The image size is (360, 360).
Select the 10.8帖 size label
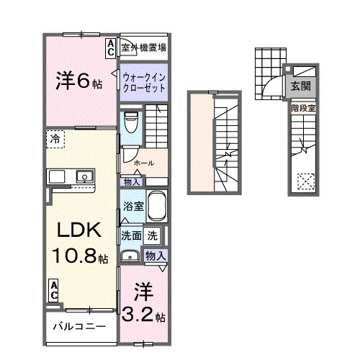coord(79,256)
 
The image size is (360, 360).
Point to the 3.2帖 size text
coord(143,315)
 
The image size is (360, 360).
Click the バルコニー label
coord(79,326)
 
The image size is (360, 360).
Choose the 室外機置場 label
coord(144,48)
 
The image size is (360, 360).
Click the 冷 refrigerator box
coord(55,139)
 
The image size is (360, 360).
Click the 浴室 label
coord(132,207)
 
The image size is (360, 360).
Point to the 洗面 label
coord(131,235)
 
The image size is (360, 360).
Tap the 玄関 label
coord(301,86)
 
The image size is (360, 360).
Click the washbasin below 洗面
coord(130,256)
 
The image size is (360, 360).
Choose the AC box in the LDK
coord(54,289)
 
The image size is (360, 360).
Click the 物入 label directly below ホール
coord(131,182)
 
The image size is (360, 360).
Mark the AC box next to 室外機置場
coord(112,48)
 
